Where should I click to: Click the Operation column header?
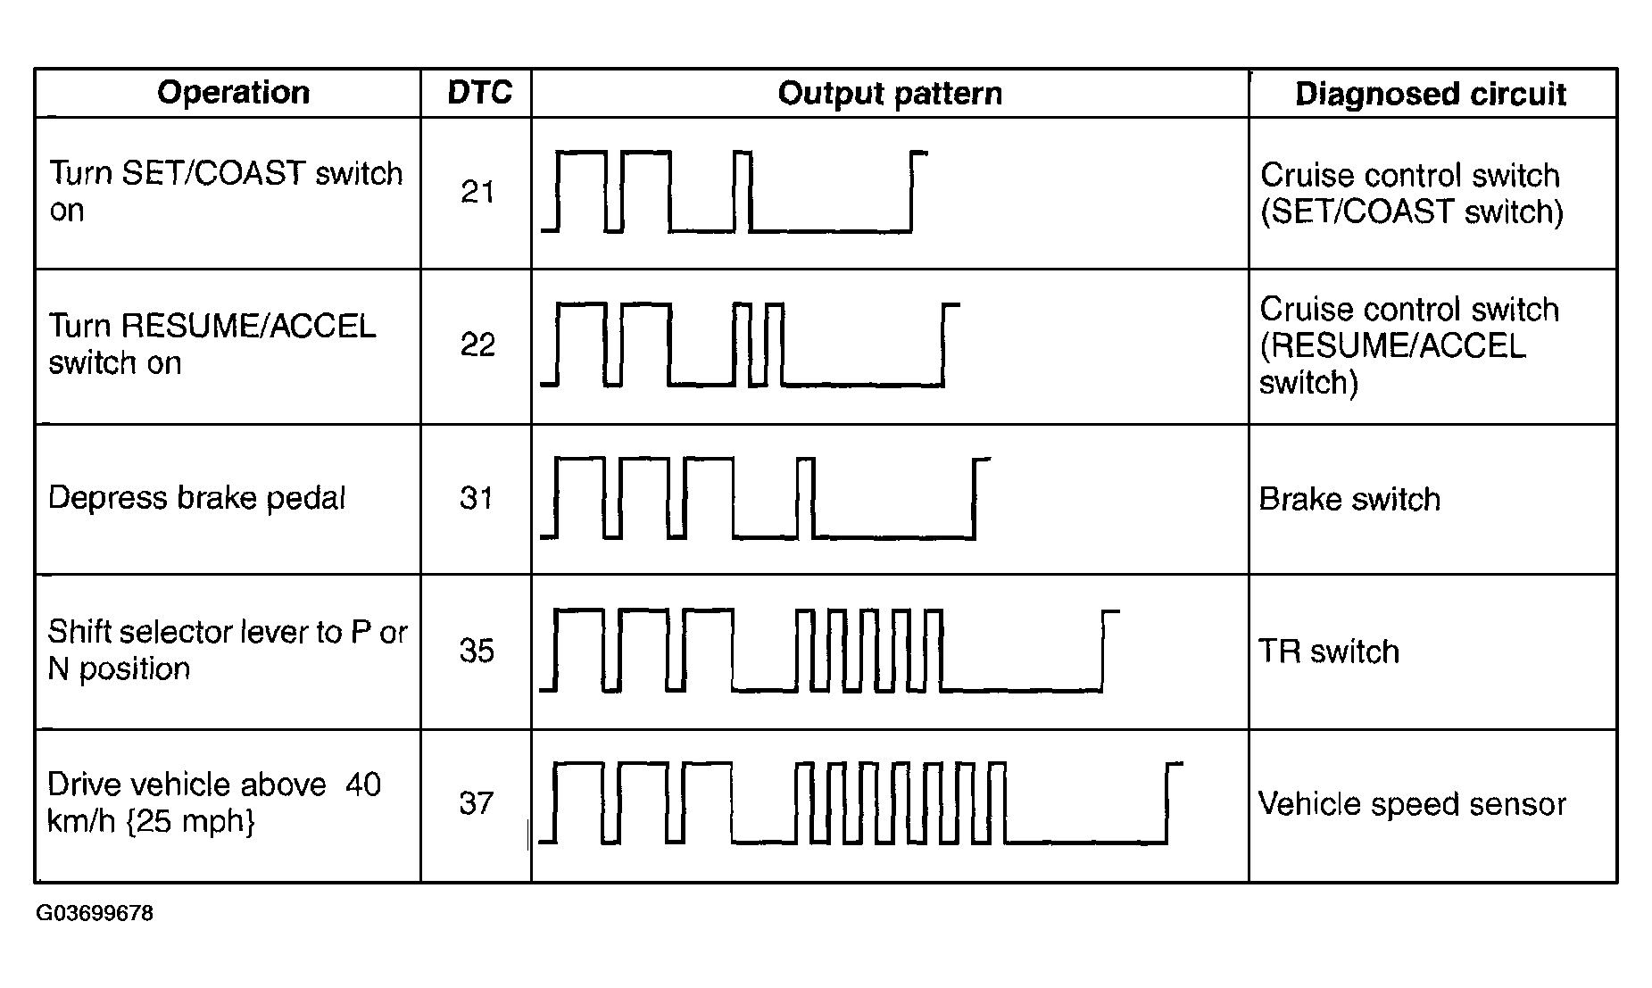pos(233,93)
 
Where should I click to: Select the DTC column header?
pos(479,93)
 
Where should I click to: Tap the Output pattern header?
pos(890,94)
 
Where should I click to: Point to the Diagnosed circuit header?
pos(1431,95)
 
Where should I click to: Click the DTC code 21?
pos(477,192)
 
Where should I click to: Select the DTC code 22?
pos(477,345)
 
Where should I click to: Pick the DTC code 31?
pos(477,498)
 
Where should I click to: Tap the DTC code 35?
pos(477,651)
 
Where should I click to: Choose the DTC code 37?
pos(477,803)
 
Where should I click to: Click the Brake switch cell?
pos(1349,499)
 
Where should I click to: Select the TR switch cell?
pos(1329,652)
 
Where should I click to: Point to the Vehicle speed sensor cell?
pos(1412,804)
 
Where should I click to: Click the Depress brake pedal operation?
pos(196,498)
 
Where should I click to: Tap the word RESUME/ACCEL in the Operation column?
pos(248,326)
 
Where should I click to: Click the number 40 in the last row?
pos(362,785)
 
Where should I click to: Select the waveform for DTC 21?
pos(735,192)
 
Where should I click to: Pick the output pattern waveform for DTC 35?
pos(830,651)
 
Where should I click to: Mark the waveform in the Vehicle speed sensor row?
pos(861,803)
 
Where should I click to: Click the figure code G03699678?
pos(95,914)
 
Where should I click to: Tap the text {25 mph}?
pos(196,821)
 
